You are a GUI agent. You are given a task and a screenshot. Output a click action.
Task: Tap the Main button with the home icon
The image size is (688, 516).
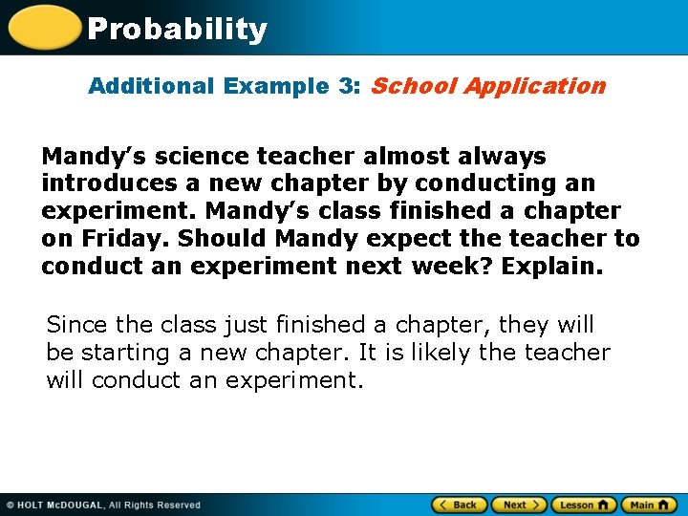click(649, 505)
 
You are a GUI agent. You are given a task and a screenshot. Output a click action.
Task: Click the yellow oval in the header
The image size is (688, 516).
click(44, 27)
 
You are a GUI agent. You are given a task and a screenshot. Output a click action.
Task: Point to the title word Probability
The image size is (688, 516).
click(177, 30)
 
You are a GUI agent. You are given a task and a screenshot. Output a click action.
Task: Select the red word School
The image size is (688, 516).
click(413, 86)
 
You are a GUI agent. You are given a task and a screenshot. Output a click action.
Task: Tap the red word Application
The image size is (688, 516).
click(535, 86)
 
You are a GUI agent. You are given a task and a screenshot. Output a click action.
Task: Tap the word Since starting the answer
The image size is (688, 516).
click(74, 325)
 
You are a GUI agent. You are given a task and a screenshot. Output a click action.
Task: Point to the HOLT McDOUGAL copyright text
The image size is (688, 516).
click(103, 505)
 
